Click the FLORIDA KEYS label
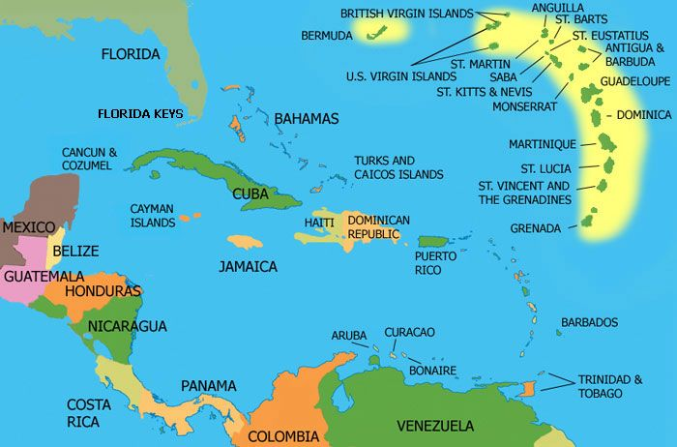coord(140,113)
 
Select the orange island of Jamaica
coord(246,242)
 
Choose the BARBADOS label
coord(589,322)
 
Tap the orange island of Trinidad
coord(528,389)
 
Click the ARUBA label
coord(349,335)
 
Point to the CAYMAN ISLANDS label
coord(153,215)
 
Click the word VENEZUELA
coord(435,426)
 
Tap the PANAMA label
coord(208,386)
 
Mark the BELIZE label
coord(75,251)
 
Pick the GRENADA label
coord(536,229)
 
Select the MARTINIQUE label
coord(543,144)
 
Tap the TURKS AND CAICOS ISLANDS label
coord(398,167)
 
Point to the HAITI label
coord(319,223)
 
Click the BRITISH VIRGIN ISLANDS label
coord(407,14)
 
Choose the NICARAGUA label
coord(128,326)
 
